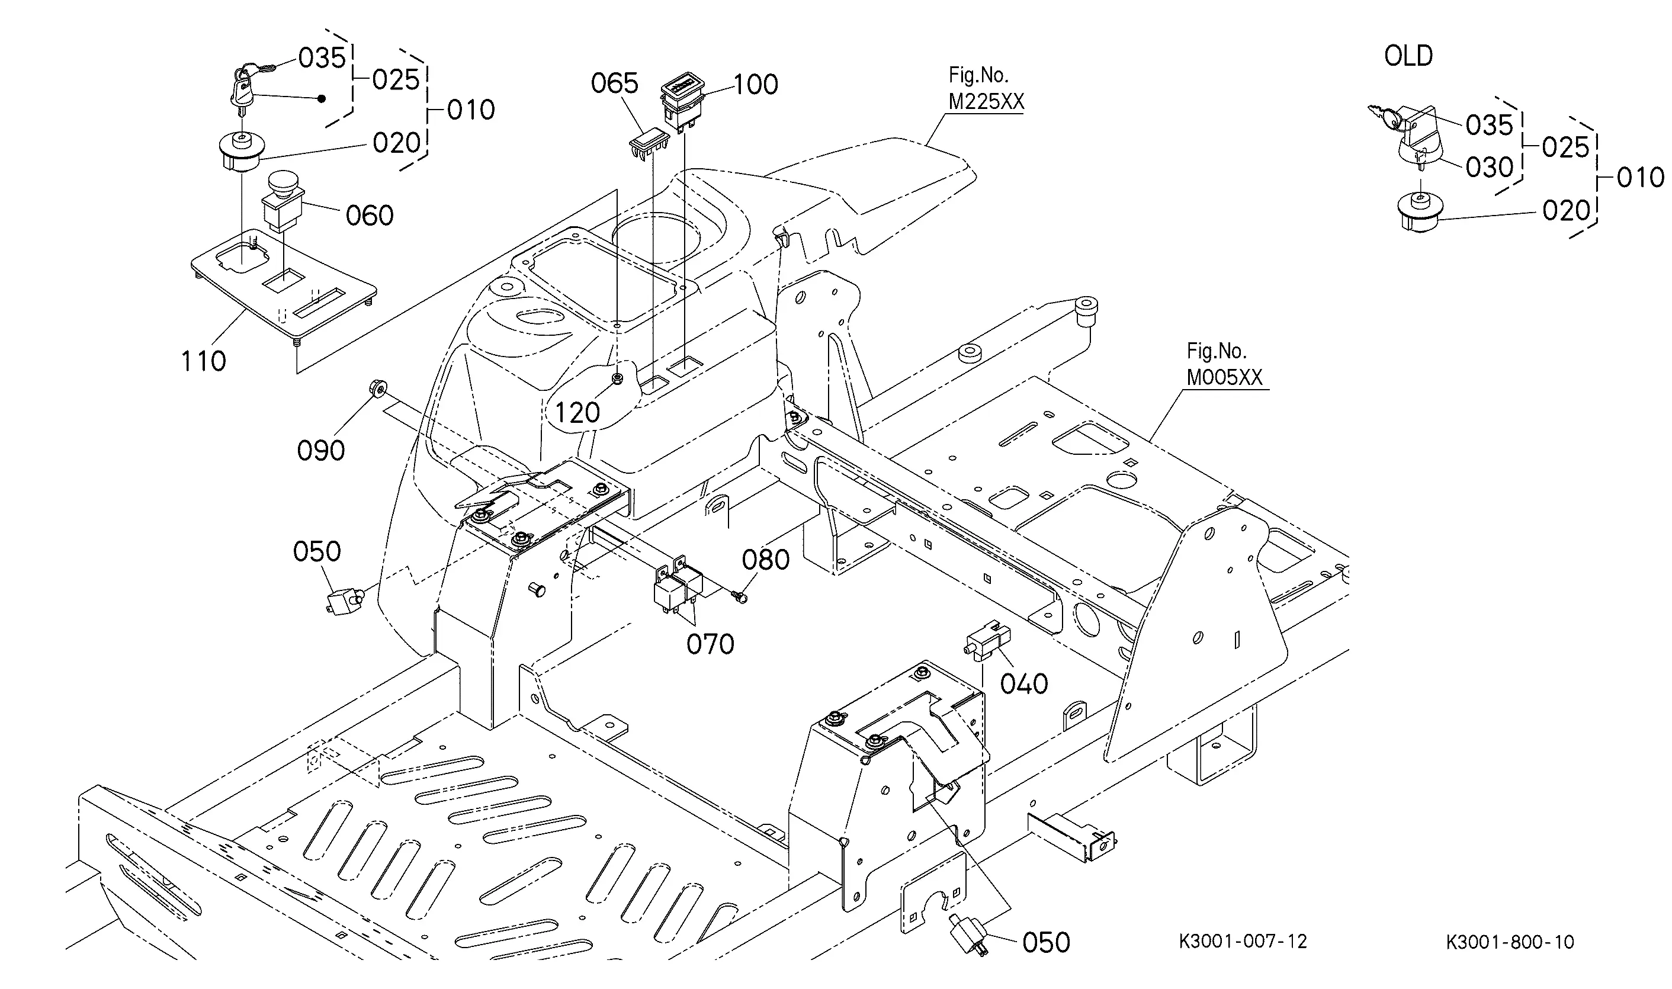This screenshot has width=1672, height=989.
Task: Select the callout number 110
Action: tap(204, 361)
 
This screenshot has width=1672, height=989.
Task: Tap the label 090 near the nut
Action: tap(320, 451)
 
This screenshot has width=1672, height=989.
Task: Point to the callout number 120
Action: tap(577, 413)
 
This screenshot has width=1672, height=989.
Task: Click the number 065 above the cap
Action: tap(614, 84)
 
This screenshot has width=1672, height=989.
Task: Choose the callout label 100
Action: tap(756, 85)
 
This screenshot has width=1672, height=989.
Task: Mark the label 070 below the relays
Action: tap(710, 644)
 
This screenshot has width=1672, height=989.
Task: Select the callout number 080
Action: tap(766, 560)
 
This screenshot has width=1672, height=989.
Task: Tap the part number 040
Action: tap(1024, 685)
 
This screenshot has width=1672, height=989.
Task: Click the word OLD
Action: tap(1408, 56)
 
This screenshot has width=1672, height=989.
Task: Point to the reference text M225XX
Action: tap(986, 102)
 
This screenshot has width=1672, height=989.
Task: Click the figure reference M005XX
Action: tap(1224, 378)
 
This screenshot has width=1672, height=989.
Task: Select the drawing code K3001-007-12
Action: tap(1243, 941)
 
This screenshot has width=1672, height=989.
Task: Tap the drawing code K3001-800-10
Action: tap(1510, 942)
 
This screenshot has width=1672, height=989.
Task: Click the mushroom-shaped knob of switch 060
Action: tap(284, 181)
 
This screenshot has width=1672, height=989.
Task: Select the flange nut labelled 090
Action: tap(376, 387)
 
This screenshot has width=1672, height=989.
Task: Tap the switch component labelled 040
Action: tap(986, 641)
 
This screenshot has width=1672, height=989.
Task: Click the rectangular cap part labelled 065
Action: tap(649, 143)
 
